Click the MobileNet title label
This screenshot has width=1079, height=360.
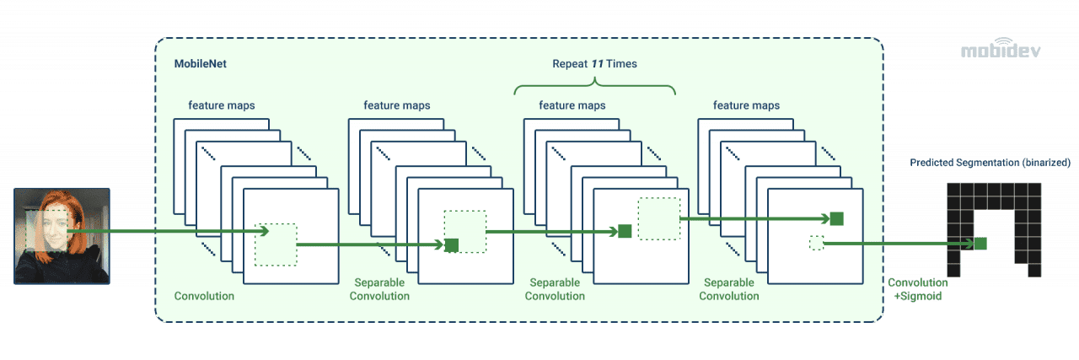(200, 64)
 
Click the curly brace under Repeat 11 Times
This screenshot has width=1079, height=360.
(594, 85)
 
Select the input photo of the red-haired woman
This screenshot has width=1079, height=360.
(62, 234)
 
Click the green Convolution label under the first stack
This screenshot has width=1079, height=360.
(204, 296)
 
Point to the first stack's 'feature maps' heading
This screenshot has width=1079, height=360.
(222, 105)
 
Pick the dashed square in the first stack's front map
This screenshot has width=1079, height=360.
(276, 244)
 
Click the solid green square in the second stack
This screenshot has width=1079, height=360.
(451, 244)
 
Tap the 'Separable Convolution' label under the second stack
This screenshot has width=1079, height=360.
(379, 289)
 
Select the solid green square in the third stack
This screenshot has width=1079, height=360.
(625, 231)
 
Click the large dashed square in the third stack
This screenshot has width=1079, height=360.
(658, 219)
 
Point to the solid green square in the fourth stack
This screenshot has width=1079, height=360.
(836, 219)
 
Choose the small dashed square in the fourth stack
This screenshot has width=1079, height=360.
(815, 243)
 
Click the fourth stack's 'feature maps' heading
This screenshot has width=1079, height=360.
(746, 105)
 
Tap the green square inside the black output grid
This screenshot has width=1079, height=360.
(980, 243)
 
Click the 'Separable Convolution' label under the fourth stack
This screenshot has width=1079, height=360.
(729, 289)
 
